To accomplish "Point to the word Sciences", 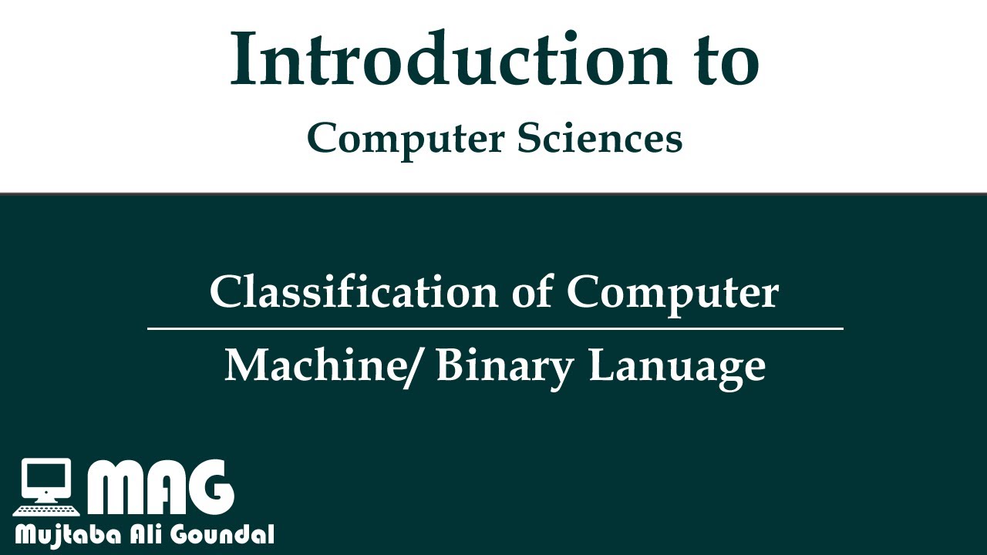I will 599,139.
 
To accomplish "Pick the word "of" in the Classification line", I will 532,293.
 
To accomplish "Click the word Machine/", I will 323,365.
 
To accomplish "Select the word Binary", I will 504,366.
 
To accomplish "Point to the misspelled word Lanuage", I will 677,366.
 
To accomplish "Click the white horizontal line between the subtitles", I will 495,329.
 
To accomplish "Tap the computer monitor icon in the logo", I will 46,479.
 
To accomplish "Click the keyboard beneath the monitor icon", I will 46,510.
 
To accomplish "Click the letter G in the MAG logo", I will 209,489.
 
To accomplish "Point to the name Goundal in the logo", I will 227,534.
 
